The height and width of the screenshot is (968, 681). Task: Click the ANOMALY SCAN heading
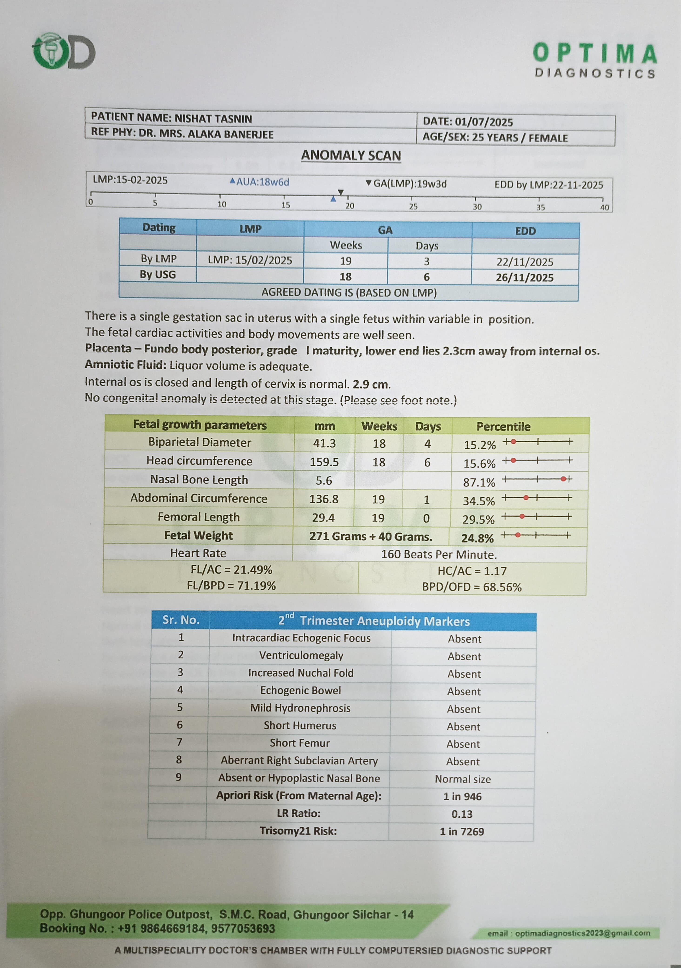tap(351, 156)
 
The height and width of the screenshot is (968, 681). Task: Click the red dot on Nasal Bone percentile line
tap(563, 479)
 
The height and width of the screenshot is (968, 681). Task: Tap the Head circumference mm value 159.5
tap(324, 462)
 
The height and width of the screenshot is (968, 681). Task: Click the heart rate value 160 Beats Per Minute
tap(439, 555)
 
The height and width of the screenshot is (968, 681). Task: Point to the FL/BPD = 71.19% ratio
tap(231, 586)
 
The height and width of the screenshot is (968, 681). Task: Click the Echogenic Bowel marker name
tap(300, 690)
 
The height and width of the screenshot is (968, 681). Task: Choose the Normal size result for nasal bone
tap(463, 779)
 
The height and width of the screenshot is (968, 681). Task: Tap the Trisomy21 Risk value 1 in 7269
tap(462, 831)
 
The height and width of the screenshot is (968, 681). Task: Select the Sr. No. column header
tap(181, 620)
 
